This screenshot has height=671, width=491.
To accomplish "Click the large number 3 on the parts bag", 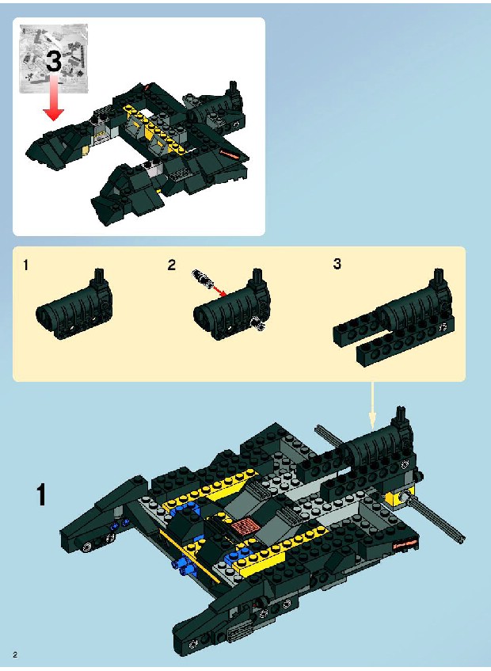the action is pos(54,60).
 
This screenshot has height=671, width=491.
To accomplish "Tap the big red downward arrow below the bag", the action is pos(54,97).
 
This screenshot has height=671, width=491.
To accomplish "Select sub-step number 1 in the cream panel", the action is pos(26,265).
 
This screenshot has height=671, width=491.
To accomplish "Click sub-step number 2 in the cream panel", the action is pos(172,265).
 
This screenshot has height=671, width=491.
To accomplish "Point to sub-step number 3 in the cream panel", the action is pos(337,264).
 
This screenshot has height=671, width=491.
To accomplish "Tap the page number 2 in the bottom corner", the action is pos(15,654).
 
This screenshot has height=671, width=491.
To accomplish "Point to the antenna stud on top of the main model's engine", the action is pos(401,415).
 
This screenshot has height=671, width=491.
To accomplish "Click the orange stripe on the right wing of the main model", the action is pos(405,544).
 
